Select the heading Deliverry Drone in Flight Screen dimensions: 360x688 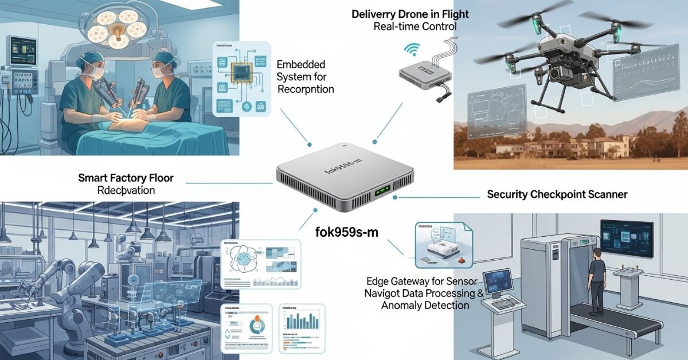point(411,14)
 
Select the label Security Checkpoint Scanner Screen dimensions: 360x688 point(557,194)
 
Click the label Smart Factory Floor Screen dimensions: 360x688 point(126,178)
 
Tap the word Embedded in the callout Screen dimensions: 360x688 point(300,64)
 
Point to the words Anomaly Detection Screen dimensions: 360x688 point(425,306)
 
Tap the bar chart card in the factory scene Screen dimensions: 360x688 point(301,327)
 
